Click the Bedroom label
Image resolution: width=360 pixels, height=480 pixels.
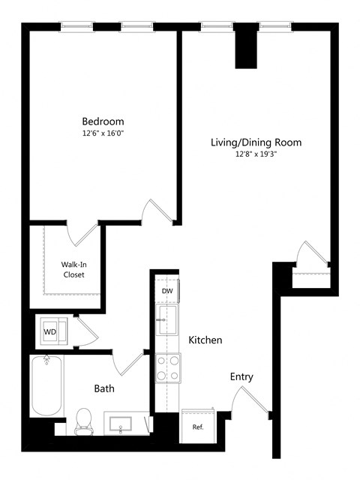tap(103, 121)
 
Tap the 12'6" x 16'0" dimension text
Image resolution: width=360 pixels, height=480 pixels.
tap(103, 133)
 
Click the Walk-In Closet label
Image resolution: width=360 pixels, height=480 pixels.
tap(73, 269)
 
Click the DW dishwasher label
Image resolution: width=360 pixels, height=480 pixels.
tap(166, 291)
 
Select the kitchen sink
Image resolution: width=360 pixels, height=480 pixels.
tap(166, 320)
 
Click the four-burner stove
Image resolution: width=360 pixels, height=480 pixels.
tap(167, 367)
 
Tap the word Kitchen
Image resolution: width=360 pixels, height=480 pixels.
tap(205, 340)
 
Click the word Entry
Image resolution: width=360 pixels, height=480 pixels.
tap(241, 376)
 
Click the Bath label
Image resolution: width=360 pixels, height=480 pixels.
tap(104, 388)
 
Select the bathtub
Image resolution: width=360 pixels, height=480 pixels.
tap(46, 385)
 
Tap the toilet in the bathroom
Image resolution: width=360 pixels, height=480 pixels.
tap(84, 419)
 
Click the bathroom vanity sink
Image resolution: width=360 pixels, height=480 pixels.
tap(123, 424)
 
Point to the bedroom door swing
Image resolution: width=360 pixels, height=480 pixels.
tap(160, 211)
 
